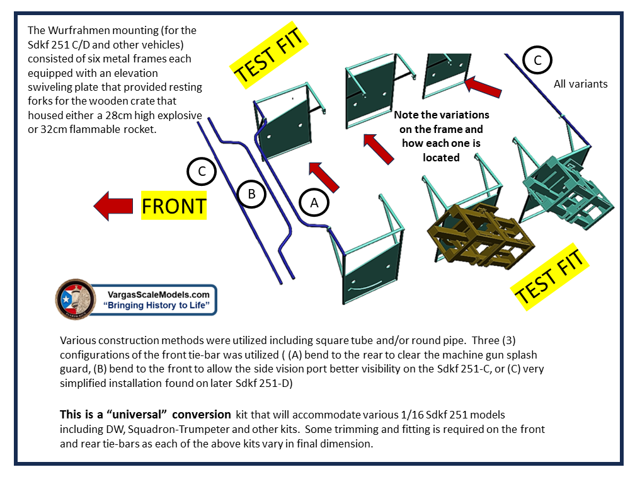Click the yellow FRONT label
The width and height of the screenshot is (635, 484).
pyautogui.click(x=174, y=205)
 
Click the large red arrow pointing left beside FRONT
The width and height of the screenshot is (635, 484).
pyautogui.click(x=113, y=206)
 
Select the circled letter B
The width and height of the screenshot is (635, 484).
pyautogui.click(x=251, y=194)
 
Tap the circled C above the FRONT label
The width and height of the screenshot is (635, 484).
pyautogui.click(x=202, y=171)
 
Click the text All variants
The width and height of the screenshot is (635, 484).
pyautogui.click(x=580, y=84)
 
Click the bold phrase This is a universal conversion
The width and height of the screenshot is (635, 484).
pyautogui.click(x=145, y=415)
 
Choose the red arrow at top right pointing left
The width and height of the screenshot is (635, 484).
pyautogui.click(x=484, y=88)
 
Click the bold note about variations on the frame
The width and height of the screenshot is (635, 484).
pyautogui.click(x=441, y=136)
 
